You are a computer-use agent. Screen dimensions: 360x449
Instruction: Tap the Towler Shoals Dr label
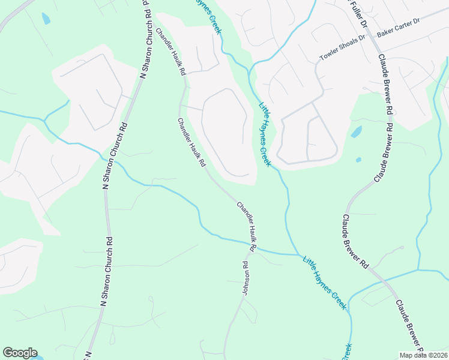click(x=342, y=49)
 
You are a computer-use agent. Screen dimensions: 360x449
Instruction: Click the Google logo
click(x=20, y=353)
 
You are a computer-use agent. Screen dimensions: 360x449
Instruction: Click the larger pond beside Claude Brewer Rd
click(x=357, y=131)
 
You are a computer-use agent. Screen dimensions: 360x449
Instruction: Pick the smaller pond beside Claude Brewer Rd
click(x=358, y=160)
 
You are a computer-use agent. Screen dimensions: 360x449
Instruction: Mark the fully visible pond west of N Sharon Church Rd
click(x=46, y=19)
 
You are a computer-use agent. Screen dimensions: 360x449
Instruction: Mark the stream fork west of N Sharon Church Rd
click(x=44, y=119)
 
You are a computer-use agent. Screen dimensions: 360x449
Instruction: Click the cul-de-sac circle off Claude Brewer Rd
click(x=401, y=248)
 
